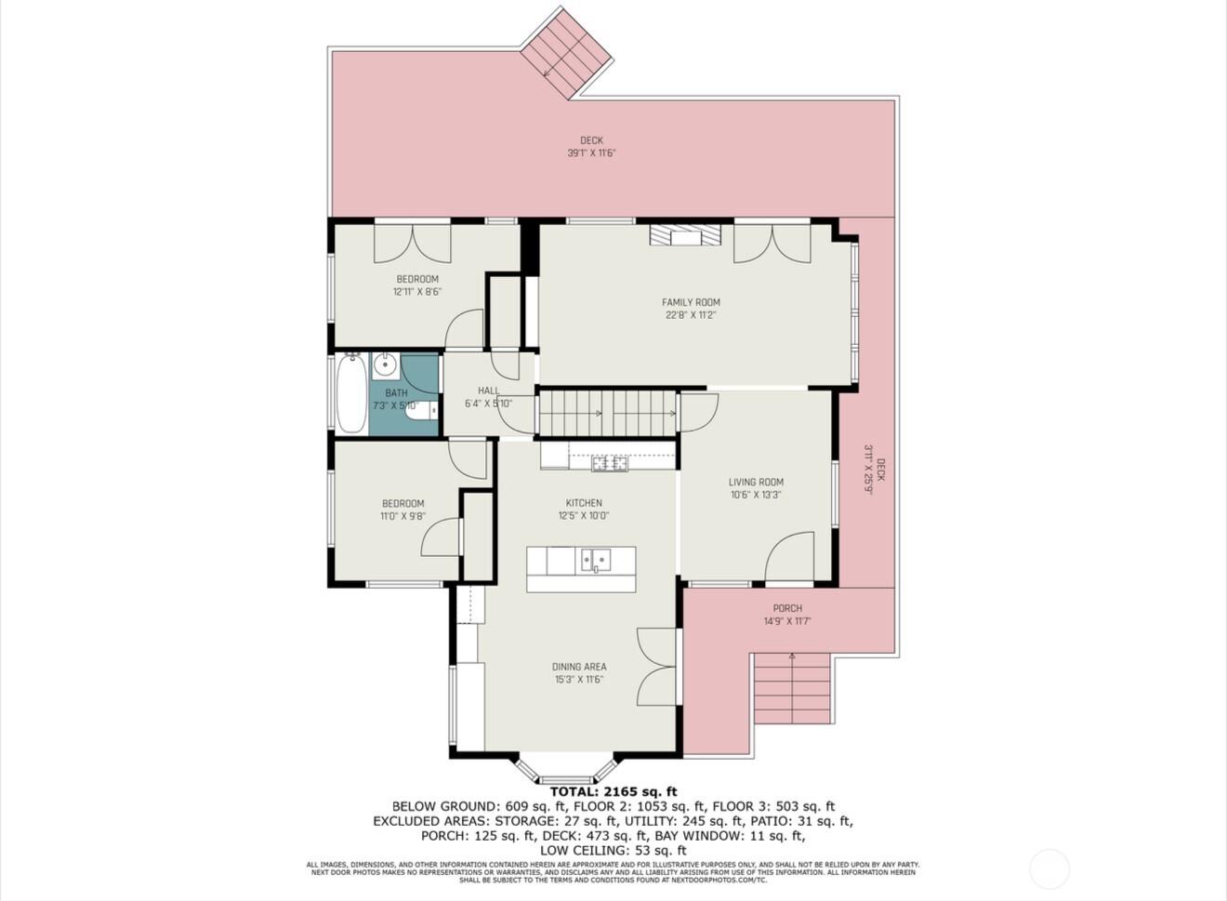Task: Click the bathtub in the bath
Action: (x=351, y=394)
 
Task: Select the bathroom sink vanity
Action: (x=386, y=365)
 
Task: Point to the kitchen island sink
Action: (x=595, y=560)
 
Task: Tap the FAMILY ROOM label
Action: (x=691, y=302)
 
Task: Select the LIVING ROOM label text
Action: (x=755, y=482)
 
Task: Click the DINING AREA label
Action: (x=579, y=667)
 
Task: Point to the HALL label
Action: (x=488, y=391)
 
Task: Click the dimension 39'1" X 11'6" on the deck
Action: (x=592, y=153)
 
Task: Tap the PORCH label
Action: (x=787, y=608)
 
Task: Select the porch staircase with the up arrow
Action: (x=791, y=687)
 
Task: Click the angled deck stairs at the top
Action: (x=565, y=53)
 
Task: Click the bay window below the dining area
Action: (x=565, y=768)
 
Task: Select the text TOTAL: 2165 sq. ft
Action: (x=613, y=792)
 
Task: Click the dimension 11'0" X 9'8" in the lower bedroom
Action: (x=402, y=516)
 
